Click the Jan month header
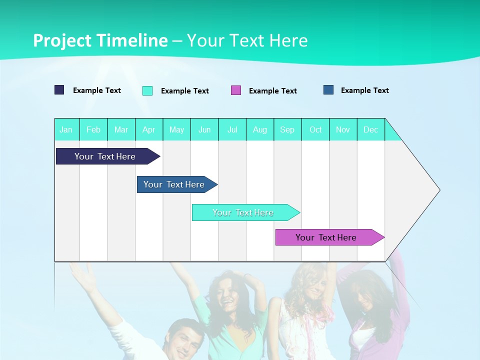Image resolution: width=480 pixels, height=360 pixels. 66,130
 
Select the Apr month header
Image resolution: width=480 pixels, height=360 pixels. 149,130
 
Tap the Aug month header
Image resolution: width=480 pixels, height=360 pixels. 260,130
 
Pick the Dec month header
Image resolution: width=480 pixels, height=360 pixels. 371,130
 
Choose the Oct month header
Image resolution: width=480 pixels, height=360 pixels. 315,130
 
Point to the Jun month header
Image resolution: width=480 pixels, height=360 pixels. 204,130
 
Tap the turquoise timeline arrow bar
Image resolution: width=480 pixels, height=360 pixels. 243,212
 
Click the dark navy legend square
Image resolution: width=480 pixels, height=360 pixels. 59,90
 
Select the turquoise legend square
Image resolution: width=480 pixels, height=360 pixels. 147,90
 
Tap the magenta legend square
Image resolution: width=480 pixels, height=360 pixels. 236,90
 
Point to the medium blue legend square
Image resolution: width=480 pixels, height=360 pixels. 328,90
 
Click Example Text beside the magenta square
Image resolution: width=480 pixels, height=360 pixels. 273,91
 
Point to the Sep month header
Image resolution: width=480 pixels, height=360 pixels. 287,130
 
